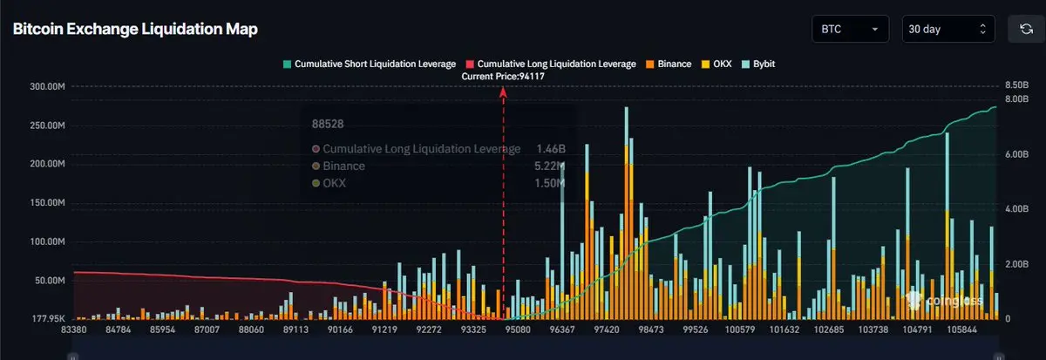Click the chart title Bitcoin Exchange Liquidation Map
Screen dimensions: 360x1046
tap(135, 29)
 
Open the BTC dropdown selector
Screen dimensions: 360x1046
tap(849, 29)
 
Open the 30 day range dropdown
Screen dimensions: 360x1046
tap(948, 29)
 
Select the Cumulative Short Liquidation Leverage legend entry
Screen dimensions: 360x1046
tap(370, 64)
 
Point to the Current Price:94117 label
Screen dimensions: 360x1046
tap(504, 77)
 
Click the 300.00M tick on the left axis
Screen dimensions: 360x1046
tap(48, 87)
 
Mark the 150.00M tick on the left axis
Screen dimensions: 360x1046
tap(48, 203)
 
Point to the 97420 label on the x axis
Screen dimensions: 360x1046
tap(606, 330)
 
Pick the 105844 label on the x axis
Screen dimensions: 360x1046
tap(971, 330)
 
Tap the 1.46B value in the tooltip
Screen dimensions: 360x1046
tap(549, 149)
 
